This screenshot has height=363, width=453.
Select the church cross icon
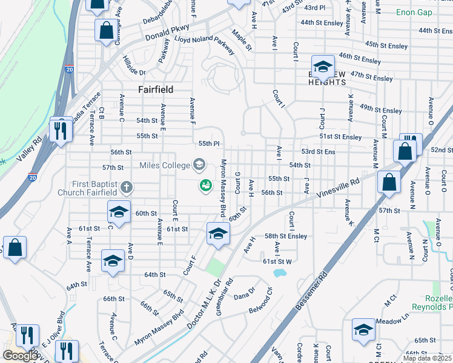(x=126, y=187)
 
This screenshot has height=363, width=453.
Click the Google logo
(x=19, y=356)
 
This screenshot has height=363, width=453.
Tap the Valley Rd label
(x=29, y=148)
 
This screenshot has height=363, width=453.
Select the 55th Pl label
(x=208, y=143)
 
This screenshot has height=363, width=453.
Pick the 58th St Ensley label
(x=285, y=236)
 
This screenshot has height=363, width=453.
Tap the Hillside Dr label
(x=134, y=65)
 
